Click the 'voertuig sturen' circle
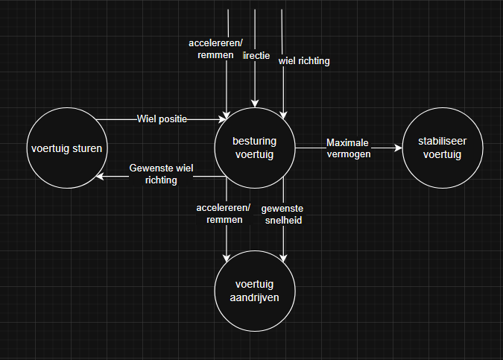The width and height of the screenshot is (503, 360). tap(66, 148)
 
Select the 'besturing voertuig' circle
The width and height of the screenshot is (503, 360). tap(255, 148)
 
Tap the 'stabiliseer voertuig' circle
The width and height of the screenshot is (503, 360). tap(442, 148)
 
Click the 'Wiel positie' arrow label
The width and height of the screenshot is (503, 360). tap(162, 119)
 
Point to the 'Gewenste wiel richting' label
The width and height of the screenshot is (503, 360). tap(161, 174)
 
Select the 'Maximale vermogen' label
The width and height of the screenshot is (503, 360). tap(349, 148)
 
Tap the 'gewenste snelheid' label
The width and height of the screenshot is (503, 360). tap(282, 214)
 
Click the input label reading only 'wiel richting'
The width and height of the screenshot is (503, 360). tap(304, 61)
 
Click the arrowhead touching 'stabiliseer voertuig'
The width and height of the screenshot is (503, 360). tap(397, 148)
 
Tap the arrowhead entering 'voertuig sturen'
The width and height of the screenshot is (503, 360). tap(100, 177)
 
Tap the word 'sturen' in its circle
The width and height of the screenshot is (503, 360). tap(88, 148)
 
